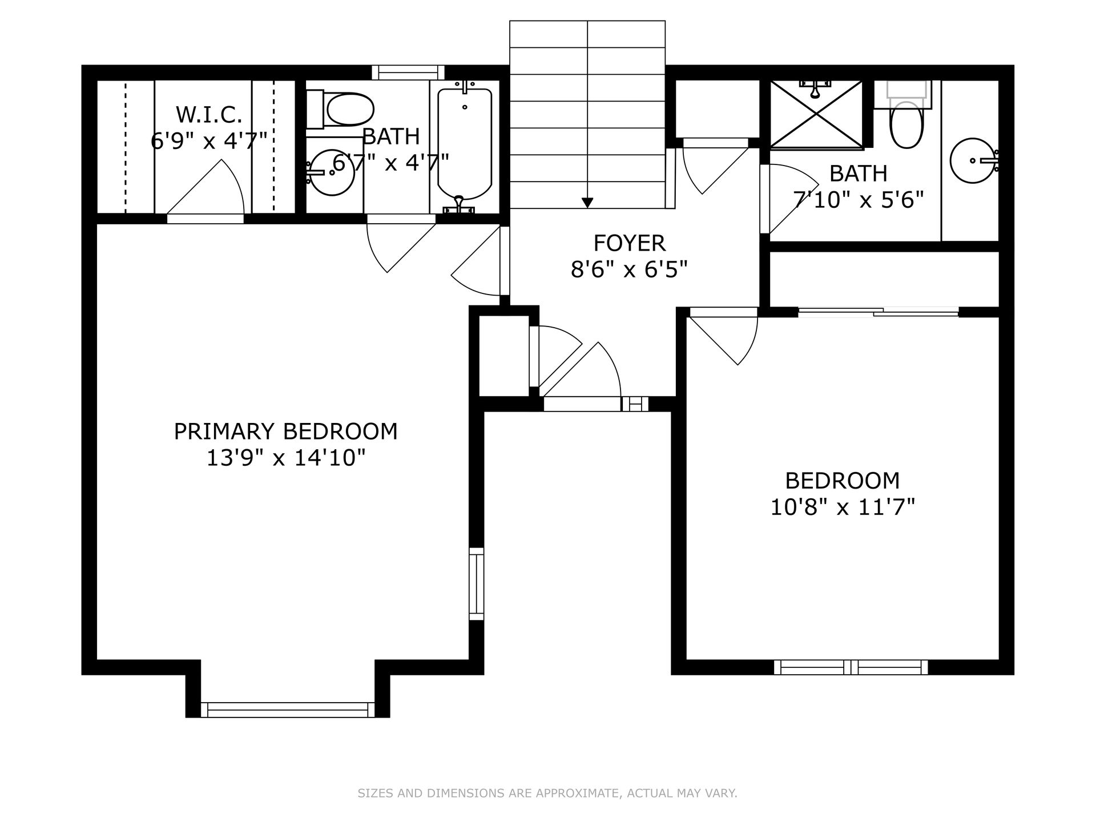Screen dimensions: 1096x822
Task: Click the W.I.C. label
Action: pyautogui.click(x=209, y=115)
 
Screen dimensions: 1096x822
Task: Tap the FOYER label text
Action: pyautogui.click(x=629, y=243)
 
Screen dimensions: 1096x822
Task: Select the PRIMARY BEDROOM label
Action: pyautogui.click(x=285, y=432)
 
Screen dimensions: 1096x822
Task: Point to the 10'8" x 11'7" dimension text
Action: pyautogui.click(x=843, y=507)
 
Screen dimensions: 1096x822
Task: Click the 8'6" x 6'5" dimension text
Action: pyautogui.click(x=629, y=269)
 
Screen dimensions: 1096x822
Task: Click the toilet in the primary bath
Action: pyautogui.click(x=340, y=110)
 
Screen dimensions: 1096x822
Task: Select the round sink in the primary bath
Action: pyautogui.click(x=331, y=171)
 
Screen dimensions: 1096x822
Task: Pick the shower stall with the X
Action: pyautogui.click(x=816, y=115)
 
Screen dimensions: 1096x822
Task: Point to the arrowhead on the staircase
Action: pyautogui.click(x=587, y=203)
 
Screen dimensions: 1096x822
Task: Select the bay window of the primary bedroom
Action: pyautogui.click(x=288, y=710)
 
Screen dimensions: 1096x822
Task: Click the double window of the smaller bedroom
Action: pyautogui.click(x=851, y=667)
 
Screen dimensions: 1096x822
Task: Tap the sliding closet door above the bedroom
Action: pyautogui.click(x=878, y=312)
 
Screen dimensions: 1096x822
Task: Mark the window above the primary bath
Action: pyautogui.click(x=408, y=72)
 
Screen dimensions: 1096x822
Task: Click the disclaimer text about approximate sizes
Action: pyautogui.click(x=547, y=793)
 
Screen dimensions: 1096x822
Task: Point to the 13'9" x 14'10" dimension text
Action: pyautogui.click(x=285, y=458)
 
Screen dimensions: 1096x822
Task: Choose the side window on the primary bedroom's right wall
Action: pyautogui.click(x=477, y=584)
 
